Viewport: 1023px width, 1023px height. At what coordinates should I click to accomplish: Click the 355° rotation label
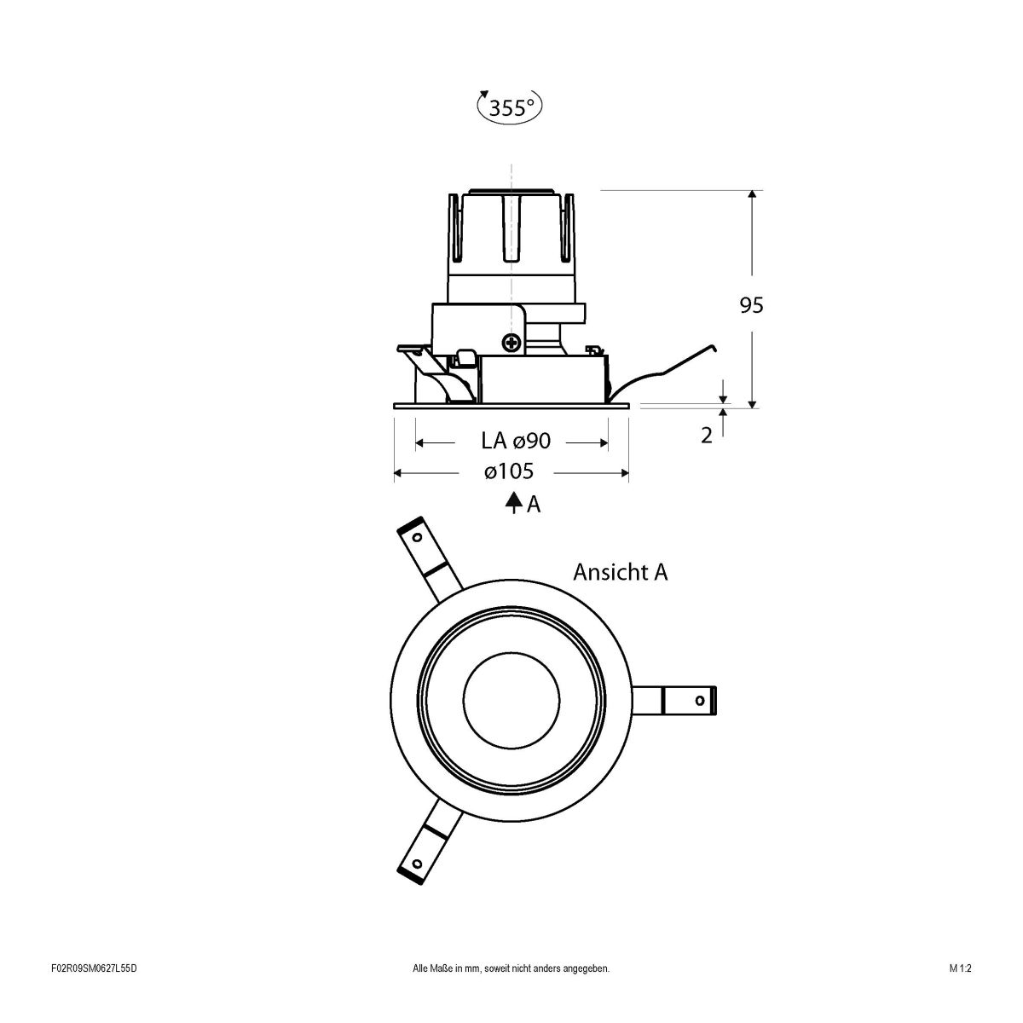[x=510, y=107]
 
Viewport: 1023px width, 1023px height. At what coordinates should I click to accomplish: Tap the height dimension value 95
[x=751, y=305]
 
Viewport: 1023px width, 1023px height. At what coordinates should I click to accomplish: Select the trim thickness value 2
[x=706, y=435]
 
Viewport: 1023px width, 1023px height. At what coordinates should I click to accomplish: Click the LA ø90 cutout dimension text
[x=517, y=441]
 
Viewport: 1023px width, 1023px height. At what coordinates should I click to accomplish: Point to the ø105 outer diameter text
[x=509, y=471]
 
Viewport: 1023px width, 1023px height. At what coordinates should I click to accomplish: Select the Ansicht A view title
[x=620, y=571]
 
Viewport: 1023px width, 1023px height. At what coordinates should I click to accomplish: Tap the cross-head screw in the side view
[x=511, y=344]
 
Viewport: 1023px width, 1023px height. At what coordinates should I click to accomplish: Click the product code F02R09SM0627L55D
[x=94, y=992]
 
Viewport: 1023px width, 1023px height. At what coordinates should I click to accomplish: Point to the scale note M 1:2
[x=960, y=992]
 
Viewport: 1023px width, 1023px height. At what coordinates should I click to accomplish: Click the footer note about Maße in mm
[x=511, y=992]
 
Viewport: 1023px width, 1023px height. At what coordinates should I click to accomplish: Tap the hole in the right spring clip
[x=700, y=701]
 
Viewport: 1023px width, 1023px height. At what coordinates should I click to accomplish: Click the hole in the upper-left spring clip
[x=417, y=538]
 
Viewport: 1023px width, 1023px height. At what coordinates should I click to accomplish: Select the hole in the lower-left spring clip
[x=417, y=863]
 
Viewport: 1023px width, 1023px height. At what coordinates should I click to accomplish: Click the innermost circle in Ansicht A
[x=511, y=701]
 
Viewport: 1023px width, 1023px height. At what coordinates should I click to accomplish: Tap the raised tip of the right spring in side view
[x=712, y=347]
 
